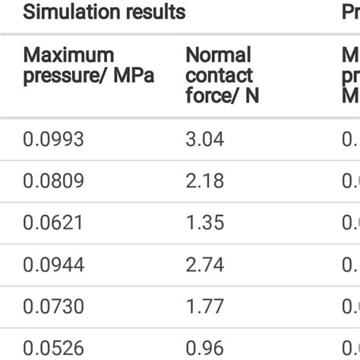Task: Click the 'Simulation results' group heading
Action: (x=104, y=13)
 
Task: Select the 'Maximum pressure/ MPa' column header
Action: (x=88, y=66)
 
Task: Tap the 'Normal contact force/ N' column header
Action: (x=219, y=75)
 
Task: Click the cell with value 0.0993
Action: (x=53, y=139)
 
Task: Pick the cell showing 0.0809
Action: (x=53, y=181)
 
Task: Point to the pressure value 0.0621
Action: (x=52, y=223)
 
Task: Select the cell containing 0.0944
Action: (x=53, y=264)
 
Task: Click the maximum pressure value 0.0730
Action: (x=53, y=306)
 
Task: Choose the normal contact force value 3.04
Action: (x=204, y=139)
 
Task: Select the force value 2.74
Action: (x=204, y=264)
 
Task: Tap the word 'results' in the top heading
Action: (x=159, y=13)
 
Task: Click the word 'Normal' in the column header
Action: (x=219, y=55)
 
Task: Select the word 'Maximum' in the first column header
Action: (x=69, y=55)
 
